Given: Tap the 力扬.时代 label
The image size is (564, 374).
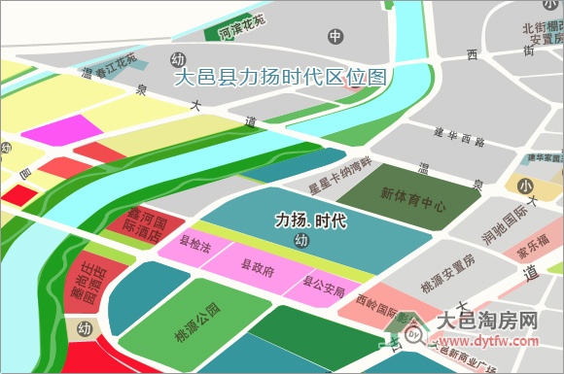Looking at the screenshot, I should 310,221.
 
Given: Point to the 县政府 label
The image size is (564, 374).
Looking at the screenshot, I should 259,264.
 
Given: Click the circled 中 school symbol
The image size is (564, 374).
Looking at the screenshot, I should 335,38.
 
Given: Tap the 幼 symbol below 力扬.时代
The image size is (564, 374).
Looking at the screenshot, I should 301,240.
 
